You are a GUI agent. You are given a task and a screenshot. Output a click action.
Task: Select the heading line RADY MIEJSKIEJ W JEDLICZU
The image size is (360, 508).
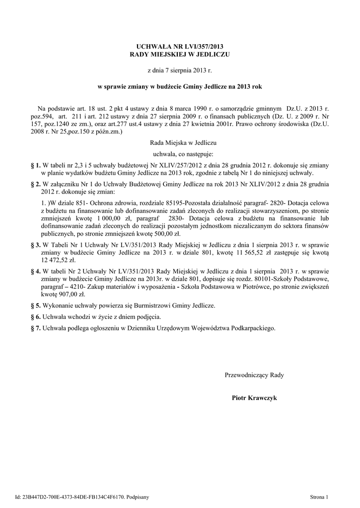point(179,54)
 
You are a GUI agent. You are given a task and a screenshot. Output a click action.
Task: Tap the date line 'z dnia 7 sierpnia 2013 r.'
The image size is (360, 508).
point(179,71)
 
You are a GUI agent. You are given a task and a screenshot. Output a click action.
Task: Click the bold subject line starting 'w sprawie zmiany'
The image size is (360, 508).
point(179,86)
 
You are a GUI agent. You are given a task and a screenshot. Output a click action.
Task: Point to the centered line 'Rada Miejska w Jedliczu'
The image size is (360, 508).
point(179,142)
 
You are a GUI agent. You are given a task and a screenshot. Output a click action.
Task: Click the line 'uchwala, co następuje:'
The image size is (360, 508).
point(179,154)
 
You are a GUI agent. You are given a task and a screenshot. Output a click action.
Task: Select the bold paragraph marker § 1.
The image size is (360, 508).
point(35,165)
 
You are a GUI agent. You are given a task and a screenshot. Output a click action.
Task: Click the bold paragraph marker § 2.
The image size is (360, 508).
point(35,184)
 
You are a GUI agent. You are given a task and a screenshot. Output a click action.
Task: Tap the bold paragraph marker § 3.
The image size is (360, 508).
point(35,245)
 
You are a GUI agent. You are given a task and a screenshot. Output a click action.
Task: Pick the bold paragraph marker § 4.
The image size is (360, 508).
point(35,272)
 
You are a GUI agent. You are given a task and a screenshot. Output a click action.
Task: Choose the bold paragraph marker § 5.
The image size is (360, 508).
point(35,306)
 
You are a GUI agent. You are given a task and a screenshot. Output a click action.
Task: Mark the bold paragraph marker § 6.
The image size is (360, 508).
point(35,317)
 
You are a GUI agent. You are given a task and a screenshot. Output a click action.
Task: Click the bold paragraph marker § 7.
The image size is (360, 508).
point(35,328)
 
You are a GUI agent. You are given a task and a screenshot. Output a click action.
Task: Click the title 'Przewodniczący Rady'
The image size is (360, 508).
point(254,375)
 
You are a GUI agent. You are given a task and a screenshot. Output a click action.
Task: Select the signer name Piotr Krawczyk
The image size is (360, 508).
point(254,398)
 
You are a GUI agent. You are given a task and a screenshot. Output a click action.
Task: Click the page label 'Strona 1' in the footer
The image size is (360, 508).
point(319,496)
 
